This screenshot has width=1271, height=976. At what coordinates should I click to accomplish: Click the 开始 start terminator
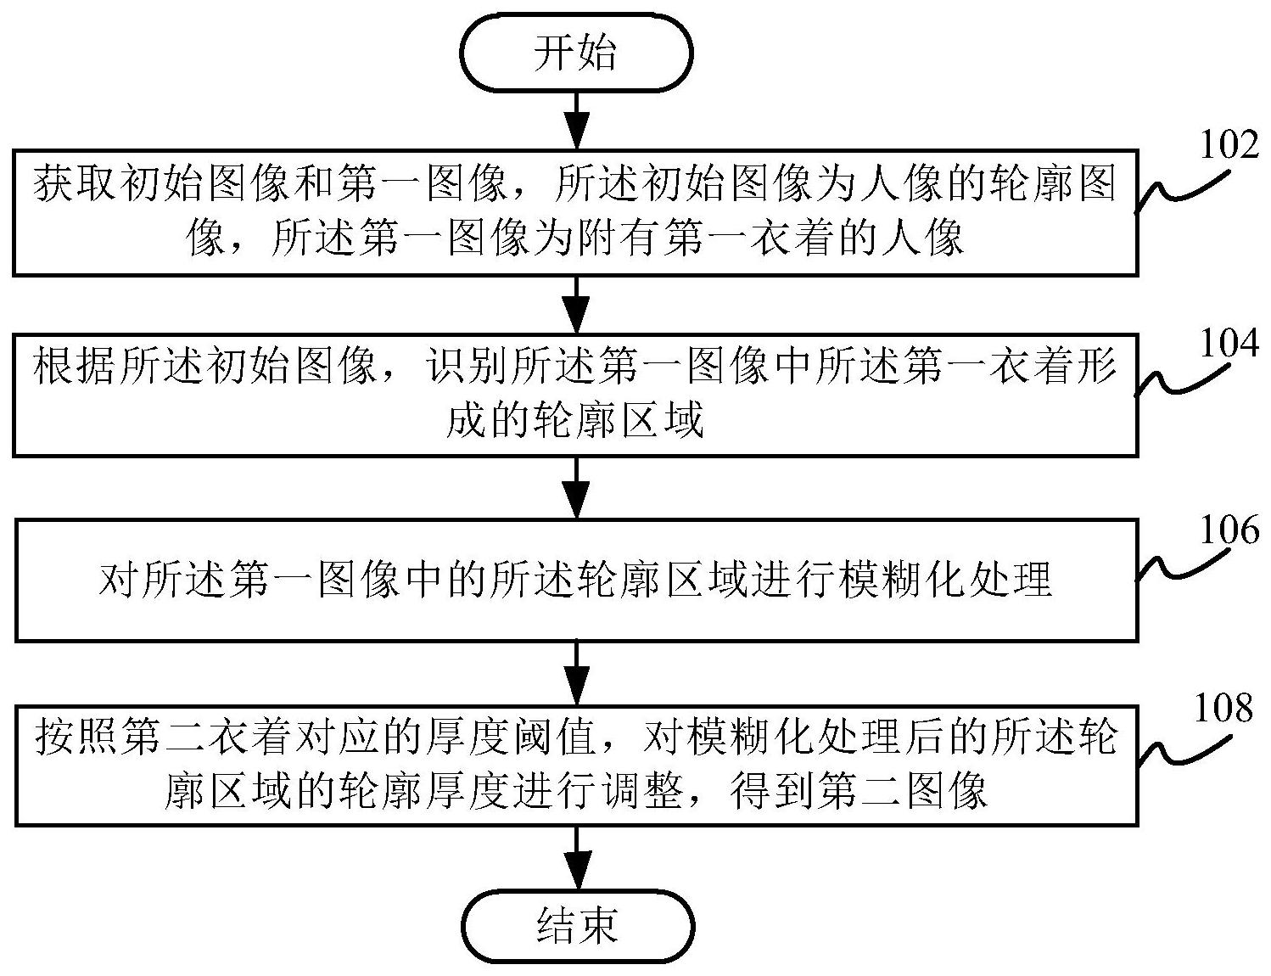tap(576, 53)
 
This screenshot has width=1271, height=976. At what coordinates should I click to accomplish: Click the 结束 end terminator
tap(576, 924)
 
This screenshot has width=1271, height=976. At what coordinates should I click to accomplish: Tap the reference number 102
tap(1228, 145)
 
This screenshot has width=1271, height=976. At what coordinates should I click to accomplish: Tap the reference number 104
tap(1228, 344)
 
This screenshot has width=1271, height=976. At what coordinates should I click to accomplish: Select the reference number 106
tap(1228, 530)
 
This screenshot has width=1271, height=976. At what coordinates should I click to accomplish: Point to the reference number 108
tap(1222, 707)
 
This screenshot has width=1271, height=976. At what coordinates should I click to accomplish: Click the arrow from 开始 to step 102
tap(577, 120)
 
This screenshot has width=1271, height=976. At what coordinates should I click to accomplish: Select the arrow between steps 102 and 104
tap(577, 303)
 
